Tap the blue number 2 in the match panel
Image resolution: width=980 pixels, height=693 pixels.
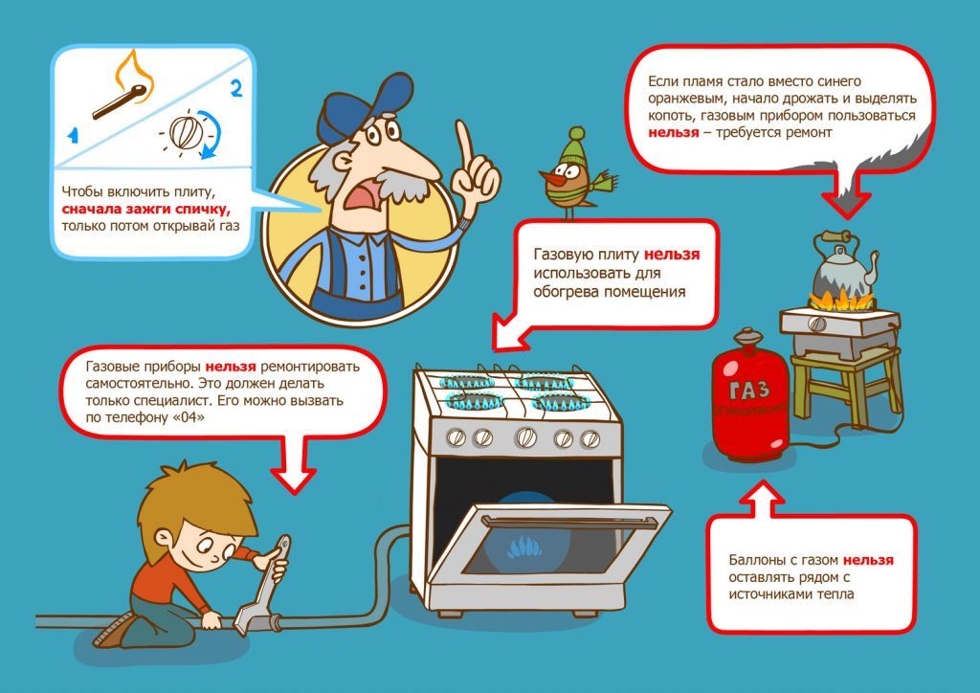pos(236,88)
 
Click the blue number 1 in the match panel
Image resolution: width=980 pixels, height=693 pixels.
pos(73,134)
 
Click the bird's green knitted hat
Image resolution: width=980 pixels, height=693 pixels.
pos(573,146)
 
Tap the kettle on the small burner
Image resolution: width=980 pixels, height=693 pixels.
pos(843,265)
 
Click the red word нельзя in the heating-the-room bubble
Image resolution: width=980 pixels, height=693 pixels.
pos(672,255)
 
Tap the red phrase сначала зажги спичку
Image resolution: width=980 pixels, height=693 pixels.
pos(146,209)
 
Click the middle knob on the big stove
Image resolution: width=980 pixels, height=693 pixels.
pos(525,436)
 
